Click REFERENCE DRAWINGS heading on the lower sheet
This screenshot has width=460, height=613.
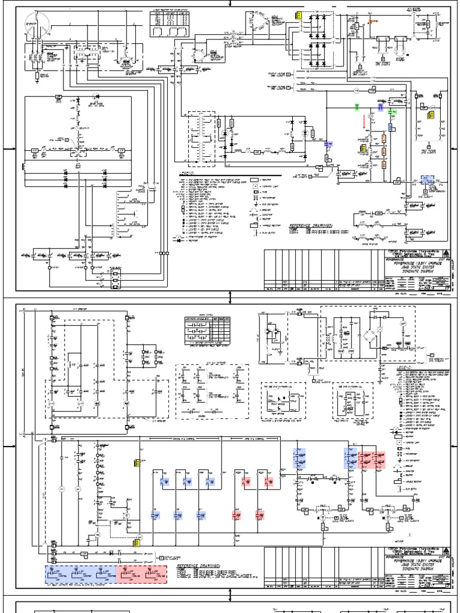click(198, 565)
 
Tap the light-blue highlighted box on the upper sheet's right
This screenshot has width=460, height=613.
click(426, 180)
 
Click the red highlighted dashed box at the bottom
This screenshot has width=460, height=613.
click(142, 573)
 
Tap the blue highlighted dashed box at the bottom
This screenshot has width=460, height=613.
click(80, 573)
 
